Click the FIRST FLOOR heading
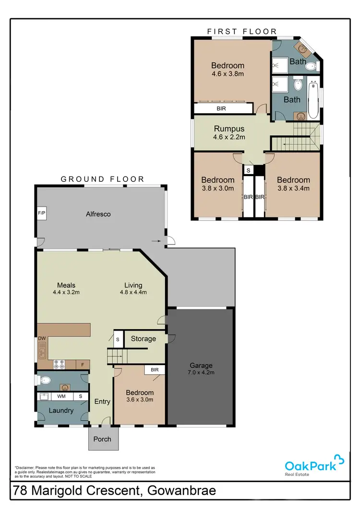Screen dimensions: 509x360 point(242,32)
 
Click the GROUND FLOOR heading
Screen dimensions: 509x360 point(102,179)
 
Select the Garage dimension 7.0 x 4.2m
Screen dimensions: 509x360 point(201,372)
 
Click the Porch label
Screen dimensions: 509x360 point(102,439)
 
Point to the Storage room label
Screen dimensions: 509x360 point(144,339)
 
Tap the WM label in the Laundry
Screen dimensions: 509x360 point(61,397)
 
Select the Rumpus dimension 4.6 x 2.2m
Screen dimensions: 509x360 point(229,137)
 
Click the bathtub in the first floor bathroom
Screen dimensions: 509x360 point(313,100)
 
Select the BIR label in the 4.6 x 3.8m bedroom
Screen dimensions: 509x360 point(221,109)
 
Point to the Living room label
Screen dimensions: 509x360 point(133,284)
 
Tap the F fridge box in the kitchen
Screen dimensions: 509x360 point(82,365)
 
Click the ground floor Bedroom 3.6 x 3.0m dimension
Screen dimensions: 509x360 point(140,400)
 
